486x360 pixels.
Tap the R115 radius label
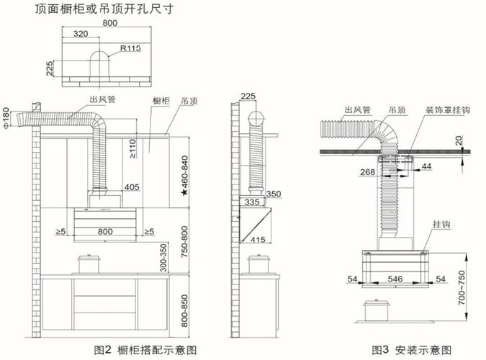130,48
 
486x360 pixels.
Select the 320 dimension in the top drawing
81,33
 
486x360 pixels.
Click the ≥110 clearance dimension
132,149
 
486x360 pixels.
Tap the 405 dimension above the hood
132,187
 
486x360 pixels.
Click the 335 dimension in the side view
250,203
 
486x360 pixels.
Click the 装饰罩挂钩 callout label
448,110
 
